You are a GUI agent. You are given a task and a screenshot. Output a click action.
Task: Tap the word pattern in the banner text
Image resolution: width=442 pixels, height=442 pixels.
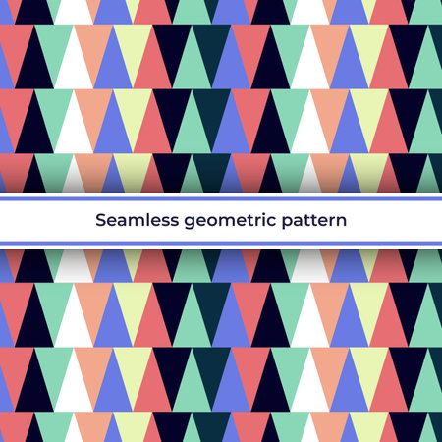pos(314,221)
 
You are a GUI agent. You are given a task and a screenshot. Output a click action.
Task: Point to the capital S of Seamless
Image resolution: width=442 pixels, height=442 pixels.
pos(100,221)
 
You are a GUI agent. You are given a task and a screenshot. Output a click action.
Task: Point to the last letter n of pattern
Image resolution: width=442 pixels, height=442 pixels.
pos(342,222)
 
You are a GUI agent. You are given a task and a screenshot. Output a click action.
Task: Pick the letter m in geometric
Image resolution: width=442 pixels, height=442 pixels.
pos(225,222)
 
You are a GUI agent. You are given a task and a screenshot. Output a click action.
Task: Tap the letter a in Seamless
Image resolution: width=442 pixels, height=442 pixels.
pos(123,222)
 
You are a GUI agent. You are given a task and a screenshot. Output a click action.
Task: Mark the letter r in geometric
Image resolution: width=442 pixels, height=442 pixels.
pos(254,222)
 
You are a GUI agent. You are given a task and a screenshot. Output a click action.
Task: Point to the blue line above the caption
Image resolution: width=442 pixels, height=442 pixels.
pos(221,199)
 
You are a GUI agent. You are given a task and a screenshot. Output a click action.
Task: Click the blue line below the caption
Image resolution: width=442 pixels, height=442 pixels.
pos(221,243)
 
